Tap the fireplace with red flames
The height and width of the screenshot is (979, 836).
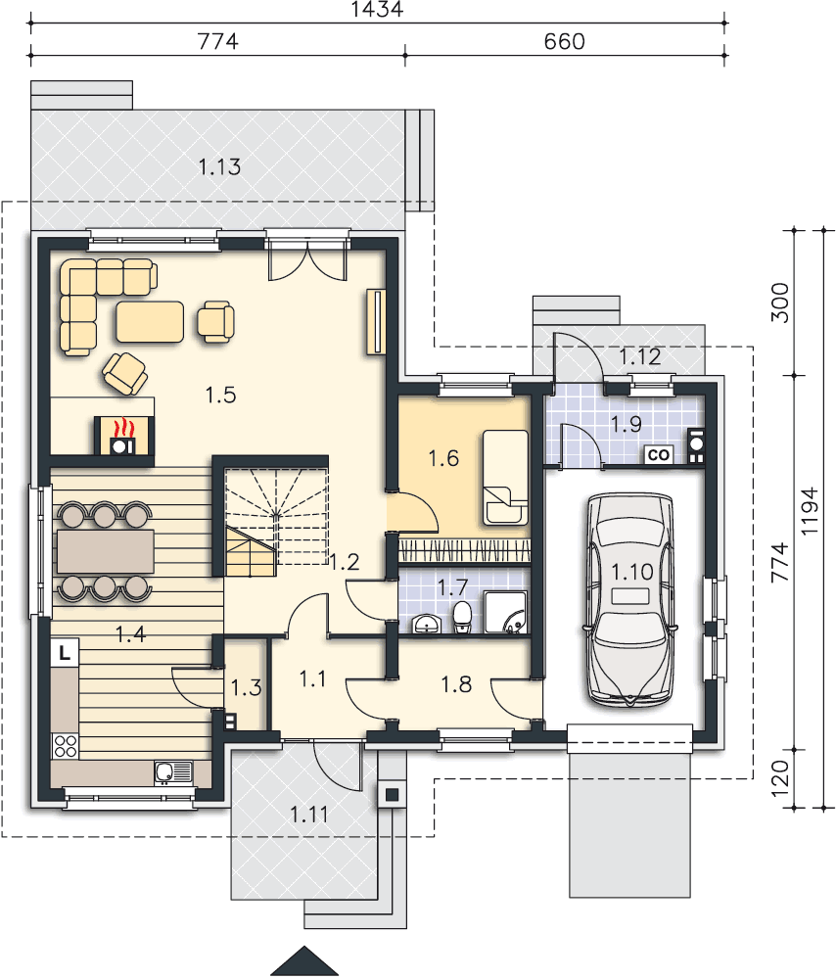pyautogui.click(x=123, y=436)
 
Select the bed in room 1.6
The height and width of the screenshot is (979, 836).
pyautogui.click(x=505, y=477)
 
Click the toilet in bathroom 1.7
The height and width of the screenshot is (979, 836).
pyautogui.click(x=462, y=618)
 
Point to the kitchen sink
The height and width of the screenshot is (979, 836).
pyautogui.click(x=173, y=772)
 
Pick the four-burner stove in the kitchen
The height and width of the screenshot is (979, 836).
pyautogui.click(x=65, y=746)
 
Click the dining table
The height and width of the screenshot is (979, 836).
pyautogui.click(x=105, y=551)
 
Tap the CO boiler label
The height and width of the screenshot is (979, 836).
pyautogui.click(x=658, y=455)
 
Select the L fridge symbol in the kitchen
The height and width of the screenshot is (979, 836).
pyautogui.click(x=65, y=653)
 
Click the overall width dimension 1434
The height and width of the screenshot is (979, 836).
pyautogui.click(x=377, y=9)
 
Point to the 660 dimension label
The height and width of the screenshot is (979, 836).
pyautogui.click(x=565, y=41)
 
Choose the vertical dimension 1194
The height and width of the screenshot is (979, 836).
pyautogui.click(x=809, y=510)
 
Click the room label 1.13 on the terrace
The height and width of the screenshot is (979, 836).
pyautogui.click(x=220, y=166)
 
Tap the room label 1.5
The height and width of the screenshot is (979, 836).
pyautogui.click(x=221, y=395)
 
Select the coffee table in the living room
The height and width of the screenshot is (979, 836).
pyautogui.click(x=150, y=321)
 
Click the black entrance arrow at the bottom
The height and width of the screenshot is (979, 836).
pyautogui.click(x=304, y=961)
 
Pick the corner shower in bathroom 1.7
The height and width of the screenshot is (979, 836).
pyautogui.click(x=506, y=613)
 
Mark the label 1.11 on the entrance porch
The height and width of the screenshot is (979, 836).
pyautogui.click(x=309, y=815)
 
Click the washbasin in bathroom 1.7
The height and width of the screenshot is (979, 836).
pyautogui.click(x=427, y=624)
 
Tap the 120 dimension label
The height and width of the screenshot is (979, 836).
pyautogui.click(x=780, y=778)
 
